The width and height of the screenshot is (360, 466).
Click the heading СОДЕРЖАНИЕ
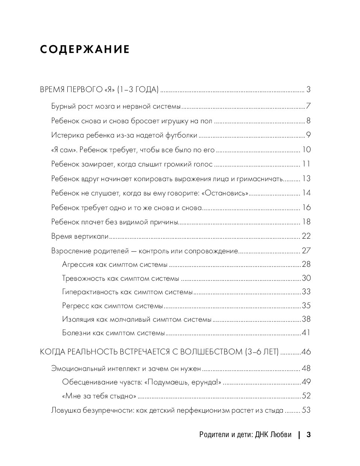[85, 50]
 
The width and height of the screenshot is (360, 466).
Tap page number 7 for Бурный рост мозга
[308, 106]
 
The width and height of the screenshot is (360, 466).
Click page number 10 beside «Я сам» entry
[306, 150]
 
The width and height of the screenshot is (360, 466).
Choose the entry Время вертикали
[80, 236]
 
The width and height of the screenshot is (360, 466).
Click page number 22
[306, 236]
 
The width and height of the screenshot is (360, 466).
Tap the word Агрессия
[77, 265]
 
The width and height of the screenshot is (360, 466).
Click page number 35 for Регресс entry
[306, 306]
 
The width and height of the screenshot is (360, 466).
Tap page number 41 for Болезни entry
[306, 333]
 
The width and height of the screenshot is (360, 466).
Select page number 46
[306, 352]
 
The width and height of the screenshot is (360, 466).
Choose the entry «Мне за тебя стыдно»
[99, 396]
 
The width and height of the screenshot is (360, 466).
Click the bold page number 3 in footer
[308, 435]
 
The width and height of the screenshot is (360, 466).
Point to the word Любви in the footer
[281, 435]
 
